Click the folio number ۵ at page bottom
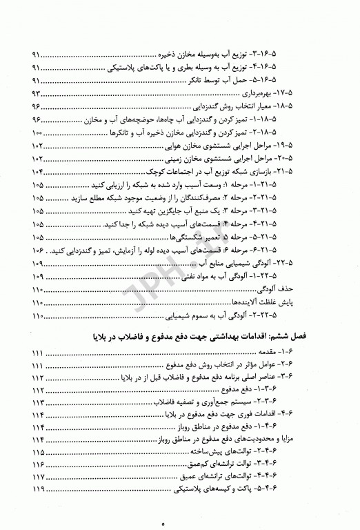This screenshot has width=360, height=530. pyautogui.click(x=180, y=524)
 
